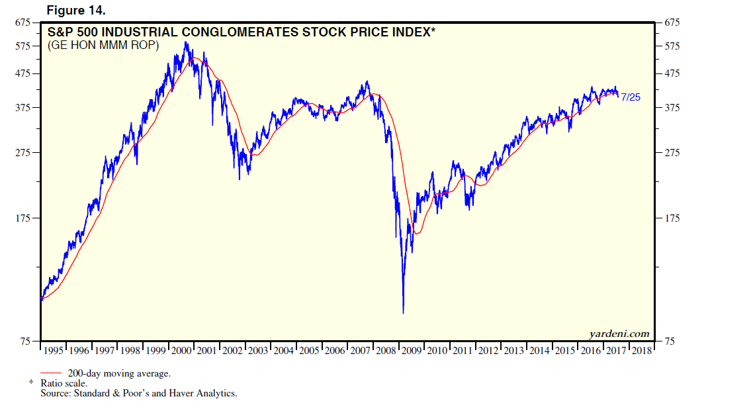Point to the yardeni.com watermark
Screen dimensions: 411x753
click(x=619, y=334)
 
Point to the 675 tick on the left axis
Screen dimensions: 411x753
click(x=22, y=23)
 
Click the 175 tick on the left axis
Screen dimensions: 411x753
click(x=22, y=218)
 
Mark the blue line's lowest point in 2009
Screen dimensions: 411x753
click(x=403, y=312)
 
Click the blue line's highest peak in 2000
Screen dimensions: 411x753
click(x=187, y=42)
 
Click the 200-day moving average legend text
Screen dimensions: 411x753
click(x=119, y=373)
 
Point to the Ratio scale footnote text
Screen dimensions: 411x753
click(x=63, y=383)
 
